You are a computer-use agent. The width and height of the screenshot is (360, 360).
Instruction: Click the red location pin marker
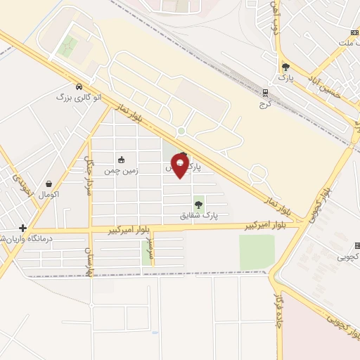179,166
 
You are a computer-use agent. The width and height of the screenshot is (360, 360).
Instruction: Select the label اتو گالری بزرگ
78,96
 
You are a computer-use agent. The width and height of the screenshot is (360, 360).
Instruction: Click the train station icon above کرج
265,92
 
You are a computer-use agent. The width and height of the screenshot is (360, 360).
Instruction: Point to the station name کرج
265,104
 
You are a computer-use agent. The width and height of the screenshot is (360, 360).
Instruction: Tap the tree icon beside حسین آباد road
285,67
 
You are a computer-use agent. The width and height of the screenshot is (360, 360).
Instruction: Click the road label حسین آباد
326,91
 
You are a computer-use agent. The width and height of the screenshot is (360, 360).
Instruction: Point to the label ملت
344,43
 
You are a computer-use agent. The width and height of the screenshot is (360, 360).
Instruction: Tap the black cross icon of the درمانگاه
22,228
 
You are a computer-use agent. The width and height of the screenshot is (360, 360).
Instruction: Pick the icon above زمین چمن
121,159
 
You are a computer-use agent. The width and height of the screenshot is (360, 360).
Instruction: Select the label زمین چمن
121,171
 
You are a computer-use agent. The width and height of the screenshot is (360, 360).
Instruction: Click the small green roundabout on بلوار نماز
181,131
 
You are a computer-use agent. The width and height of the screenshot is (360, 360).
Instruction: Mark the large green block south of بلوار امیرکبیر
257,251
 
